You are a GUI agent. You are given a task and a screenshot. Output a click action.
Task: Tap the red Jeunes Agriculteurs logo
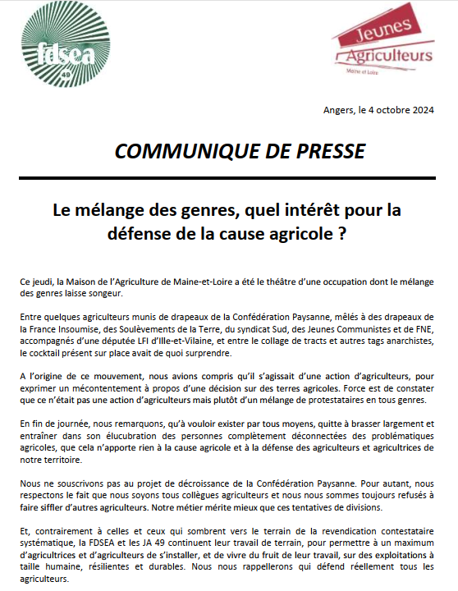point(387,45)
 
